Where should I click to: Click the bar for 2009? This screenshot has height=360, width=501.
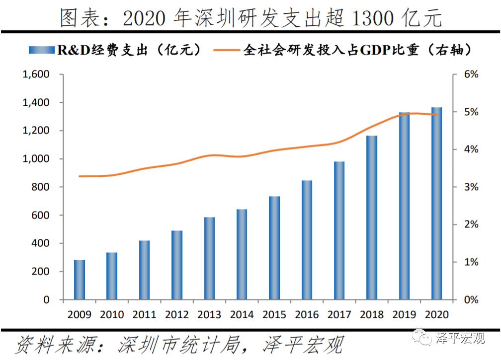coord(80,280)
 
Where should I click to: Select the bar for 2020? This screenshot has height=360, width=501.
coord(436,204)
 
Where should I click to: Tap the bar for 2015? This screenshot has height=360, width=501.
coord(274,248)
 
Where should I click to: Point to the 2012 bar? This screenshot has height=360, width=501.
coord(177,265)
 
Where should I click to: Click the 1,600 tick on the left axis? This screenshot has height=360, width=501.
coord(35,74)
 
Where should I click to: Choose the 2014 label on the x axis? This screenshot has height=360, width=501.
coord(242,315)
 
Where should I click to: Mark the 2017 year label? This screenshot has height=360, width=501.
coord(339,315)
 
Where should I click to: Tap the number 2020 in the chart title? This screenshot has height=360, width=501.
coord(144,18)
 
